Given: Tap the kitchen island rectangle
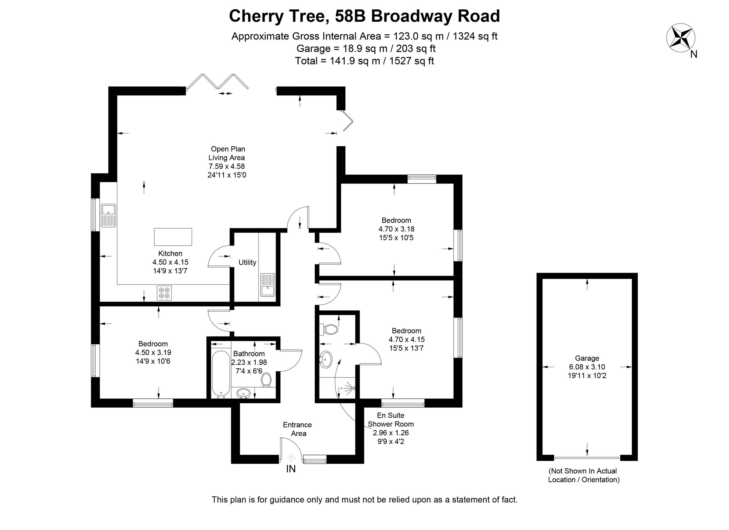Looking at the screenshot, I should click(x=173, y=237).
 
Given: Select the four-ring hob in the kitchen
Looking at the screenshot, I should click(x=164, y=293).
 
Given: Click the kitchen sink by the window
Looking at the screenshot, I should click(x=109, y=215).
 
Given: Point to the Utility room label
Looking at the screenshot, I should click(x=247, y=263).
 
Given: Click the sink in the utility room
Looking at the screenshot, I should click(x=267, y=285).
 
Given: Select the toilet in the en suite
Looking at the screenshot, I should click(x=329, y=329).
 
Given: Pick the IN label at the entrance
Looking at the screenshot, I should click(x=291, y=469).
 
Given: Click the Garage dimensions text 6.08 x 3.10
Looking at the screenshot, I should click(x=587, y=367).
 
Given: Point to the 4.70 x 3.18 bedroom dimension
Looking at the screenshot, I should click(x=396, y=229).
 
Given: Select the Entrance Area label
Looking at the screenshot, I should click(x=297, y=429).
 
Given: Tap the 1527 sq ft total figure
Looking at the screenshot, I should click(x=411, y=61).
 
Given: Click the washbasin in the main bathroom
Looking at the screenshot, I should click(x=244, y=393).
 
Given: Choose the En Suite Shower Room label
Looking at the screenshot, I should click(x=391, y=420).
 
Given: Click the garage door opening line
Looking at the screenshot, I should click(x=587, y=458).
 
